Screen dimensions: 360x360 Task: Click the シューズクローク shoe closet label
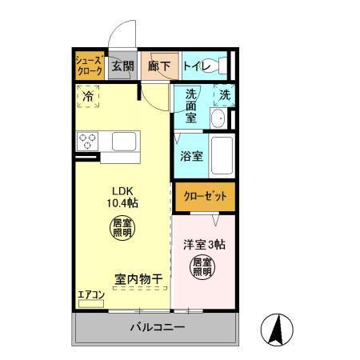tap(89, 66)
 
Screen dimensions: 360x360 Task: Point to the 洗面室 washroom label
tap(190, 105)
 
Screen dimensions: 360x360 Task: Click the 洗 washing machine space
tap(225, 94)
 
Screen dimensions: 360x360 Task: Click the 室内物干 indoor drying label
tap(138, 279)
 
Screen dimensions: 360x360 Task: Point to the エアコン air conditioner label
tap(90, 294)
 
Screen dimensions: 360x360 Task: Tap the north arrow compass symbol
tap(274, 330)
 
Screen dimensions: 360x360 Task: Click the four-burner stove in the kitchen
tap(87, 142)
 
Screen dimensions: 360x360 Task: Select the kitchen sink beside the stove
tap(126, 141)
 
